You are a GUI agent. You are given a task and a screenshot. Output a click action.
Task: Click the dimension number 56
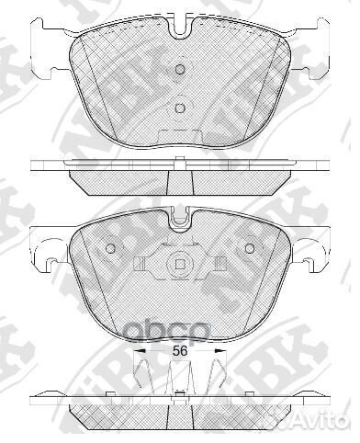click(180, 351)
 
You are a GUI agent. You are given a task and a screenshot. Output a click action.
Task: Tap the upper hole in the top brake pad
click(180, 71)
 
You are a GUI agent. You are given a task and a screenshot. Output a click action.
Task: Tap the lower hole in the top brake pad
click(180, 108)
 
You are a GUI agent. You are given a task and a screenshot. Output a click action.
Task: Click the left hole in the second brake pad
click(111, 249)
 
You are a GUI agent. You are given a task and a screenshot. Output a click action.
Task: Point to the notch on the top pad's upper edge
click(180, 28)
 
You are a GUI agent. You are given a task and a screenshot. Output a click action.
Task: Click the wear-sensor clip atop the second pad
click(180, 218)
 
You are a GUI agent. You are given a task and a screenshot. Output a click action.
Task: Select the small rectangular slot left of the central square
click(139, 267)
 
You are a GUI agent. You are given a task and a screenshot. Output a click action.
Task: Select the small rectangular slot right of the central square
click(221, 267)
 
